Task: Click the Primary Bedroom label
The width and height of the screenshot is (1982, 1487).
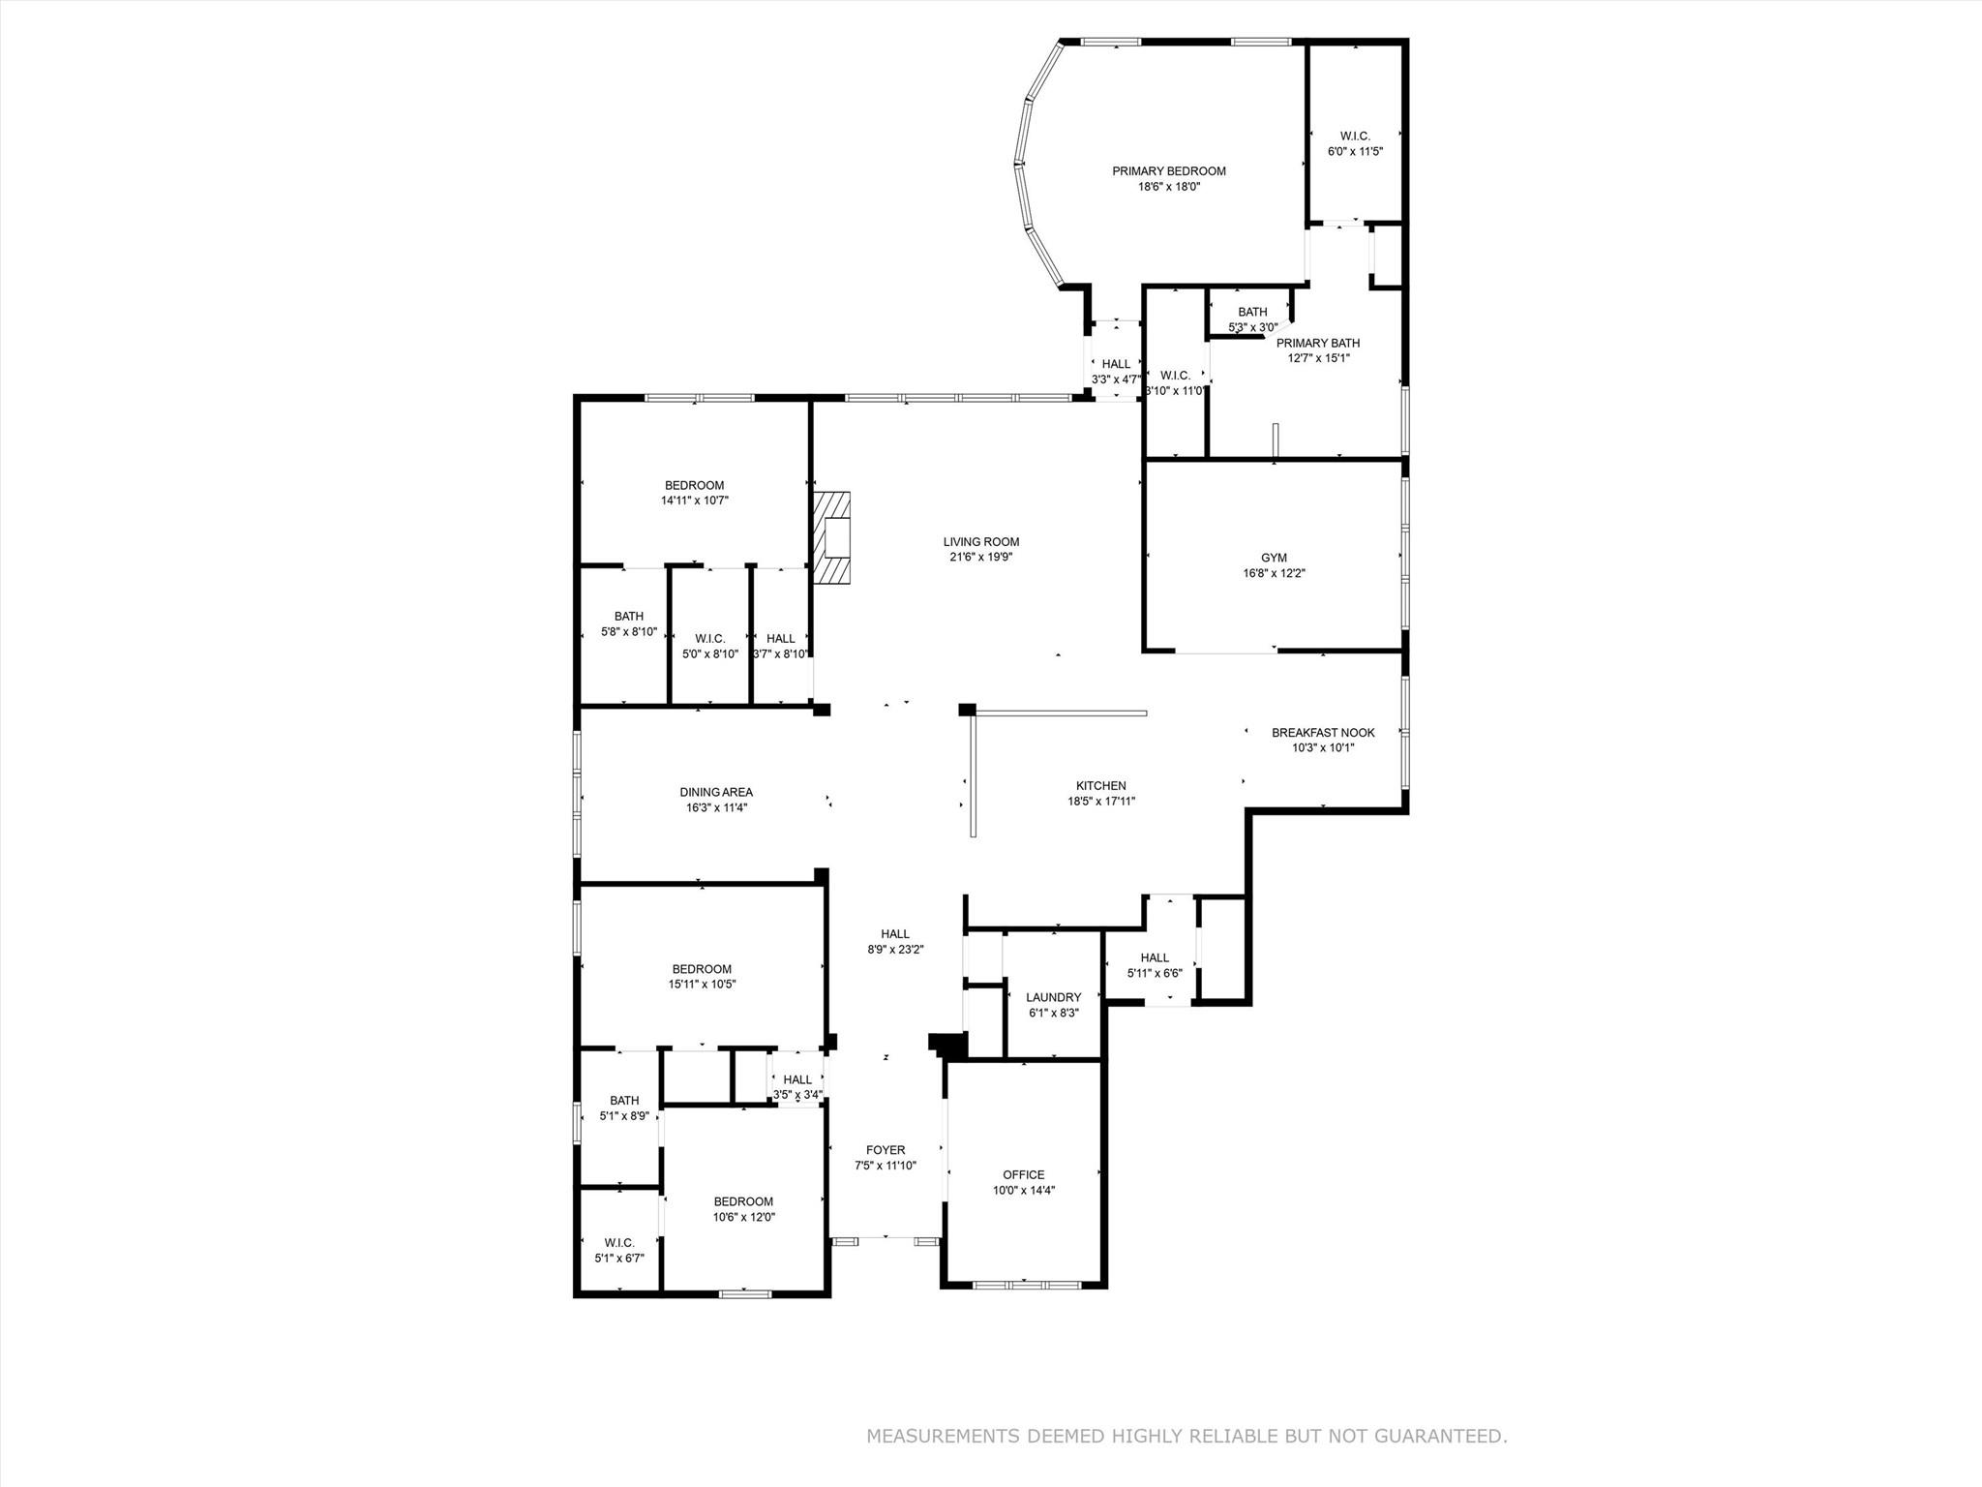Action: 1168,171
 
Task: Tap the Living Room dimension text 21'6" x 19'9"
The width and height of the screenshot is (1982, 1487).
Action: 981,557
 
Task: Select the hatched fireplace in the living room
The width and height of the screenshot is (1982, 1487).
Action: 831,538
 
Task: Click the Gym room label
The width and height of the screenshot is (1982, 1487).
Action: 1274,558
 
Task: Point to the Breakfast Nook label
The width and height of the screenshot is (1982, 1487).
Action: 1322,733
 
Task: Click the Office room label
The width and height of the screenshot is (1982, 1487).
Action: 1023,1175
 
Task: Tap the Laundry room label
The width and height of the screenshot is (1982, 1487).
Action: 1053,997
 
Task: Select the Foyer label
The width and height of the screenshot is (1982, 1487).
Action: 886,1151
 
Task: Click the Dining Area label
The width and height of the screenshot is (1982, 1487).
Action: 715,792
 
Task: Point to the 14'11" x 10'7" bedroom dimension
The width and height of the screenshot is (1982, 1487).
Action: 694,501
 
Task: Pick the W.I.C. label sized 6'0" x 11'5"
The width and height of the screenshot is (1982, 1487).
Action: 1354,137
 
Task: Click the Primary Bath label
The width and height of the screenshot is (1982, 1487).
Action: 1317,343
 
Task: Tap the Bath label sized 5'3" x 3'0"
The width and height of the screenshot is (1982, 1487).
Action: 1252,312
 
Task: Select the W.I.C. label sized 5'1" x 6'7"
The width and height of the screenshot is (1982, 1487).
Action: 618,1243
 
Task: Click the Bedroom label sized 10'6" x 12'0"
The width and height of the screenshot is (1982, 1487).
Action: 743,1201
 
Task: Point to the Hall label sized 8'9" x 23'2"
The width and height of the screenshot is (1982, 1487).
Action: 895,934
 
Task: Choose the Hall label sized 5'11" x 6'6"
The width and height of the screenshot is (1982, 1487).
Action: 1154,957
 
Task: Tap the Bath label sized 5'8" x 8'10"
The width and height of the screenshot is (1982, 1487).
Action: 628,617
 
